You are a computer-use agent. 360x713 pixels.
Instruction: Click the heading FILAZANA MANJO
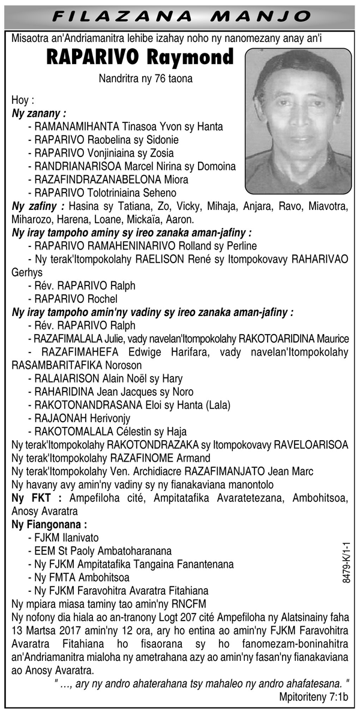tap(180, 16)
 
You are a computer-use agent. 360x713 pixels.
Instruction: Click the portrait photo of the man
tap(298, 121)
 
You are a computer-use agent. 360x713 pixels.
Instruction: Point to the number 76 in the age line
tap(152, 78)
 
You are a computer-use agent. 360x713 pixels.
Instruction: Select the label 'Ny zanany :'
tap(39, 113)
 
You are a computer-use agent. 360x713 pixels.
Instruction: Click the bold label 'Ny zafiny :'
tap(38, 206)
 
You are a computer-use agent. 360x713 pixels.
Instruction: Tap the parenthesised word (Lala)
tap(216, 405)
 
